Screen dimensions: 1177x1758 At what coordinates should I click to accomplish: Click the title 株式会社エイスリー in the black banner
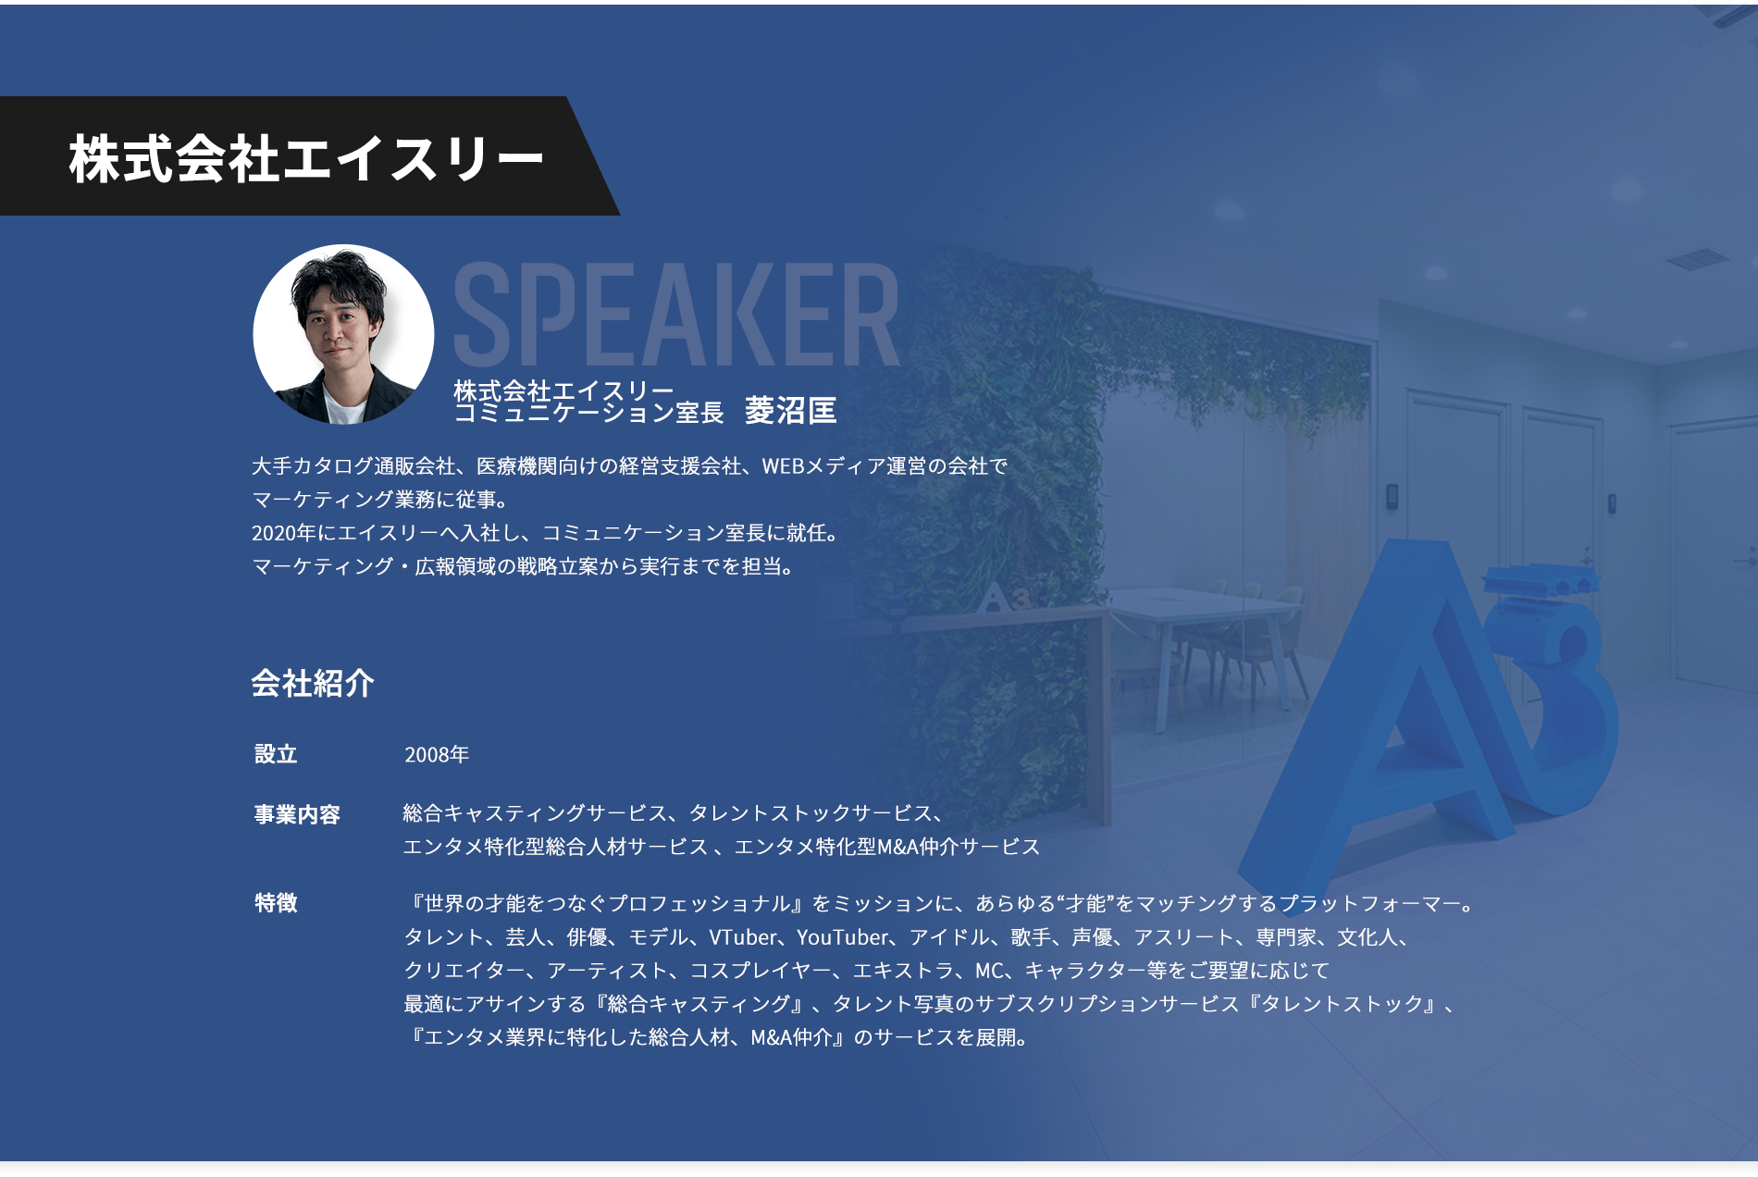pos(305,157)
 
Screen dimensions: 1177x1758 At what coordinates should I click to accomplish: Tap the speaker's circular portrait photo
pos(343,334)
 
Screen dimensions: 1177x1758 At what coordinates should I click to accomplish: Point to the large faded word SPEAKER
pos(676,315)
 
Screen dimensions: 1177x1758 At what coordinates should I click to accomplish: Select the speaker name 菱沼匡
pos(790,410)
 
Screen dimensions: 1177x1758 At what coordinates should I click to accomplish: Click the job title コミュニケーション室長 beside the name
pos(588,413)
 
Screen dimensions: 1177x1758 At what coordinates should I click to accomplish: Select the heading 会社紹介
pos(313,683)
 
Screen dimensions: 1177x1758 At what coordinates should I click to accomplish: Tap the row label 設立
pos(276,754)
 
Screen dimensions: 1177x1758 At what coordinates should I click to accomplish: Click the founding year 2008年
pos(437,755)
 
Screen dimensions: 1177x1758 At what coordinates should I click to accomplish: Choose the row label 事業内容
pos(297,814)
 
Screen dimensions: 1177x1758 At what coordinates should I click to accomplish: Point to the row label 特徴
pos(276,903)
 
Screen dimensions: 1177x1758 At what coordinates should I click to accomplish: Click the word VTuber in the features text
pos(743,937)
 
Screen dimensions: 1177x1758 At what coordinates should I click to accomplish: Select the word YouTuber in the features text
pos(842,937)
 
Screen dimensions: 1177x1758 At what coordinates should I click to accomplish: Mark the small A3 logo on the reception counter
pos(1005,598)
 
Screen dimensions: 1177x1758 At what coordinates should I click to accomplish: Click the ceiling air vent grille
pos(1697,260)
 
